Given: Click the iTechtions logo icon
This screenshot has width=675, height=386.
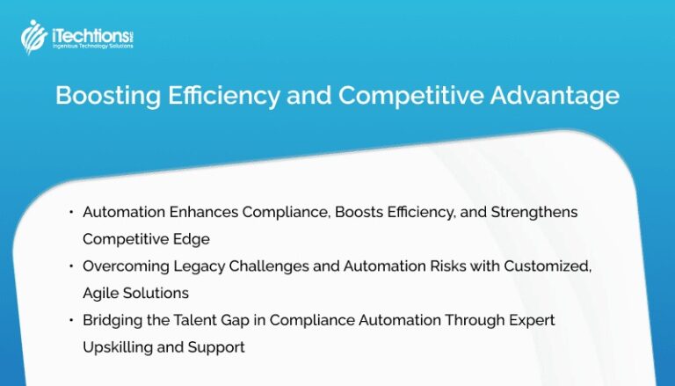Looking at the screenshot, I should point(33,36).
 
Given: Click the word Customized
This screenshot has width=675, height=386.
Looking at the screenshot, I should point(545,266).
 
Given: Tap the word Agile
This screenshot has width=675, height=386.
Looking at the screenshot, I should point(101,293).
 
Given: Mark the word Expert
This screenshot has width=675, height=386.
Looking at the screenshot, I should point(532,320).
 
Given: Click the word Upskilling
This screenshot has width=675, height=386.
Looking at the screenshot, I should point(118,347).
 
